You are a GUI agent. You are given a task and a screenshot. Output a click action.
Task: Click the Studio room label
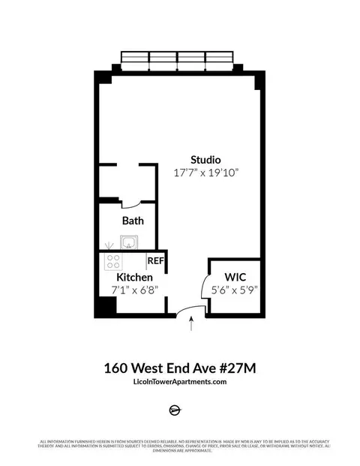click(205, 159)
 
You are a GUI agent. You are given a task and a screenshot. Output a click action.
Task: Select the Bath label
click(133, 221)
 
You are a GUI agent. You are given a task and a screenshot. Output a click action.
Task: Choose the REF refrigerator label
click(155, 261)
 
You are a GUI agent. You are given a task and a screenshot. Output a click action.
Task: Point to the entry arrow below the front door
click(193, 324)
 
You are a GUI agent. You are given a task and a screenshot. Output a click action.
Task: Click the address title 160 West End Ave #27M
click(179, 368)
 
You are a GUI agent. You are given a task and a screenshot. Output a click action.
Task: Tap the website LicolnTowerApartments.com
click(179, 383)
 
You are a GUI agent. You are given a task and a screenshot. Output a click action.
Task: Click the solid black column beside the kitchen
click(106, 308)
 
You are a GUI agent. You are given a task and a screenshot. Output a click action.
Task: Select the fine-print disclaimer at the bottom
click(180, 448)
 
